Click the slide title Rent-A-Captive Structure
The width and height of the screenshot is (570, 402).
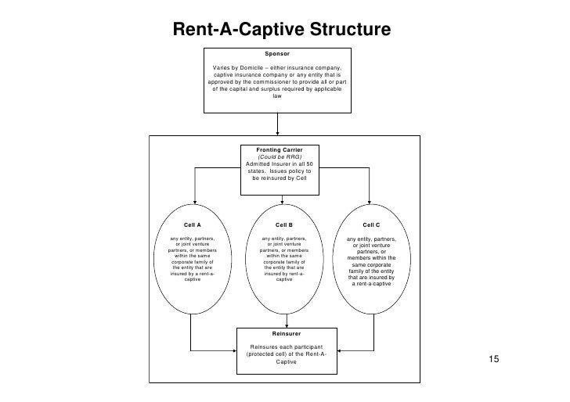[281, 30]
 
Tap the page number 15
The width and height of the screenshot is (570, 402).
[493, 359]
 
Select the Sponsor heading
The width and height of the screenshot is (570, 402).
[277, 53]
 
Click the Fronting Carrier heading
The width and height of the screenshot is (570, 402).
[280, 149]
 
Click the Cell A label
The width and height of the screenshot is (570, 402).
[192, 224]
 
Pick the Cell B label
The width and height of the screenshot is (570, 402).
[283, 224]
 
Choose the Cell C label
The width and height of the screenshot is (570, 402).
[371, 224]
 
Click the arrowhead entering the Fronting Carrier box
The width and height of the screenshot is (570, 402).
[279, 139]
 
